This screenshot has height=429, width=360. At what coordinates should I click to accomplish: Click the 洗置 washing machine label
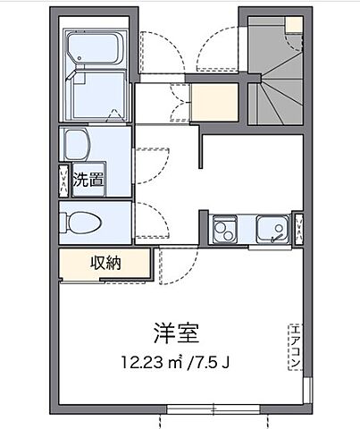click(87, 178)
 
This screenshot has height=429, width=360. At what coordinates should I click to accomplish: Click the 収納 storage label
click(105, 264)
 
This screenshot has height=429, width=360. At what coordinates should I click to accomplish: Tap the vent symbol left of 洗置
click(63, 180)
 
